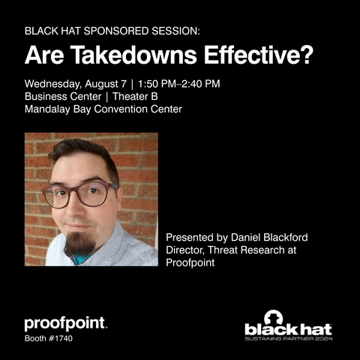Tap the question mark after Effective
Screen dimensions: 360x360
pyautogui.click(x=307, y=55)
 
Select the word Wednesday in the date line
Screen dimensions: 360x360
pyautogui.click(x=53, y=84)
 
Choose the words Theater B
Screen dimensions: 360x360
pyautogui.click(x=135, y=97)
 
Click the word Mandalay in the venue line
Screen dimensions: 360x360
pyautogui.click(x=47, y=109)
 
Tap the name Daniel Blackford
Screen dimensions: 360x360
pyautogui.click(x=269, y=237)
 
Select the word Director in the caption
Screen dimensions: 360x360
pyautogui.click(x=185, y=250)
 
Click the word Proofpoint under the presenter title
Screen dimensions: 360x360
pyautogui.click(x=190, y=262)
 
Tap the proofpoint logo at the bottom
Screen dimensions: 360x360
pyautogui.click(x=66, y=324)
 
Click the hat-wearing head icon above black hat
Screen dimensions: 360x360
pyautogui.click(x=273, y=317)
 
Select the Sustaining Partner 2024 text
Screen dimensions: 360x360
pyautogui.click(x=289, y=339)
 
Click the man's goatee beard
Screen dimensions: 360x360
pyautogui.click(x=79, y=244)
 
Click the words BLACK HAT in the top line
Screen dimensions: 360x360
pyautogui.click(x=52, y=31)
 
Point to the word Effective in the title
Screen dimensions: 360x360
pyautogui.click(x=253, y=55)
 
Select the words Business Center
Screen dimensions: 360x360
pyautogui.click(x=63, y=97)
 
